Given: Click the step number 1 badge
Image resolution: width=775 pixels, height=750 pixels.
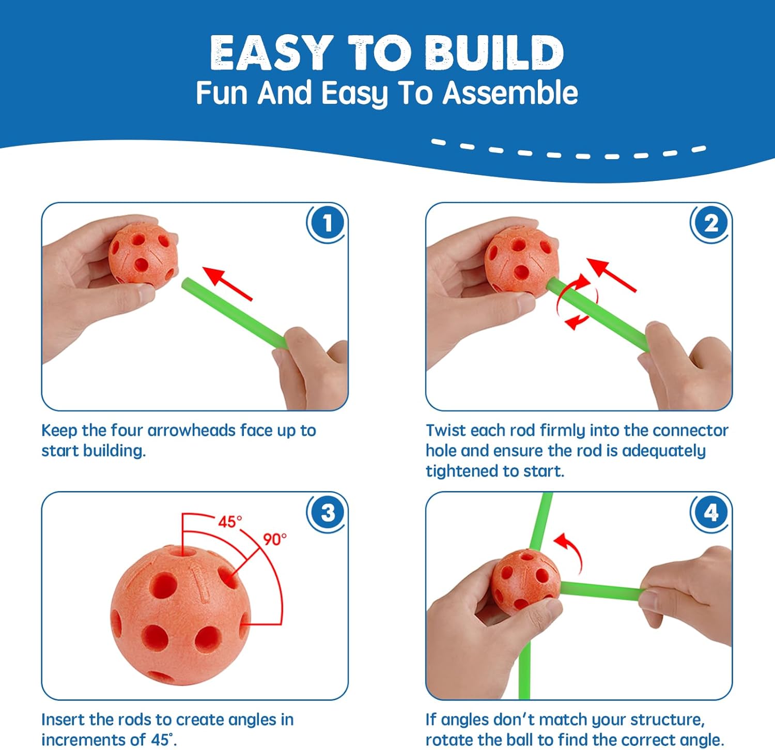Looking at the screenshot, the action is click(x=327, y=224).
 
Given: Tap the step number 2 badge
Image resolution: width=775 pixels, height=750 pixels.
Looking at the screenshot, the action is click(x=711, y=224).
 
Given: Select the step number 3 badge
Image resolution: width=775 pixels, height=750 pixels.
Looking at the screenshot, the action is click(x=327, y=513).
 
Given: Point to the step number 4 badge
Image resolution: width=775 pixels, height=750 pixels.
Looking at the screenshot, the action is click(x=711, y=513).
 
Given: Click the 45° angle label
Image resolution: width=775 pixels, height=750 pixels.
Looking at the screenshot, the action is click(x=230, y=522).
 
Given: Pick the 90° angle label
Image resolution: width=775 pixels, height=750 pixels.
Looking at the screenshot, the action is click(x=274, y=539).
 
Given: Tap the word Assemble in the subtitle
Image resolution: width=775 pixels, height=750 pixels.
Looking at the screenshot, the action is click(x=510, y=93).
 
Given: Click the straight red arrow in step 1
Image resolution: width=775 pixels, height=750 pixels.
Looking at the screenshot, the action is click(x=227, y=283).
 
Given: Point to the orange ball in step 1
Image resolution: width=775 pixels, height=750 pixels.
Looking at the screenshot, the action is click(x=143, y=254).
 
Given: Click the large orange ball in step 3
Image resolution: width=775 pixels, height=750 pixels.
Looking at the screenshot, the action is click(x=180, y=615).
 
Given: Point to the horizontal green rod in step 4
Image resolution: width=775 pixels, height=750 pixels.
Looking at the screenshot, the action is click(x=602, y=591).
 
